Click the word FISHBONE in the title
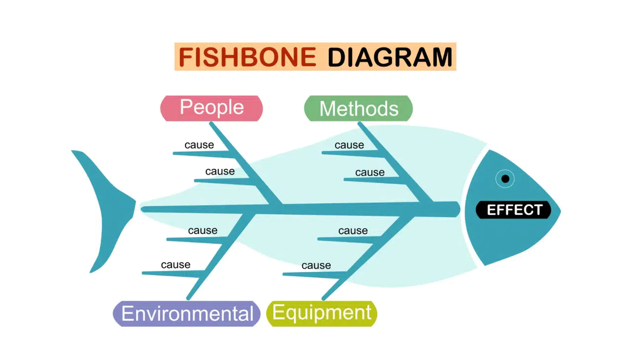point(247,57)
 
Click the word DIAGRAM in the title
point(390,57)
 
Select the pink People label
point(212,108)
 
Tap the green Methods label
point(358,108)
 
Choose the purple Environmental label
point(187,314)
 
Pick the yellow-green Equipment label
point(321,314)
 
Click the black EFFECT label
point(513,210)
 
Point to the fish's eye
point(505,179)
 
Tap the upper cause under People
point(199,145)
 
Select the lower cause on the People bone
point(220,171)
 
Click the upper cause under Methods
point(349,145)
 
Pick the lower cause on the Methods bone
point(370,172)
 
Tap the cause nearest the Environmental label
point(176,265)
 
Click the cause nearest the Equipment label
point(316,266)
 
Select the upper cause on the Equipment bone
point(353,231)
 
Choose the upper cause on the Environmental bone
point(203,230)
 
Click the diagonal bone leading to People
point(245,163)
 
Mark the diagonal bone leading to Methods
point(395,162)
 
